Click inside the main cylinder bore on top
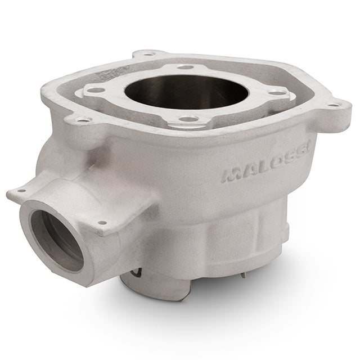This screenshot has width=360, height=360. pyautogui.click(x=186, y=92)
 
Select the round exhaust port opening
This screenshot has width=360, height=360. pyautogui.click(x=57, y=240)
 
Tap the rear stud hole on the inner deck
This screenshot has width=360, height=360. pyautogui.click(x=186, y=67)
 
